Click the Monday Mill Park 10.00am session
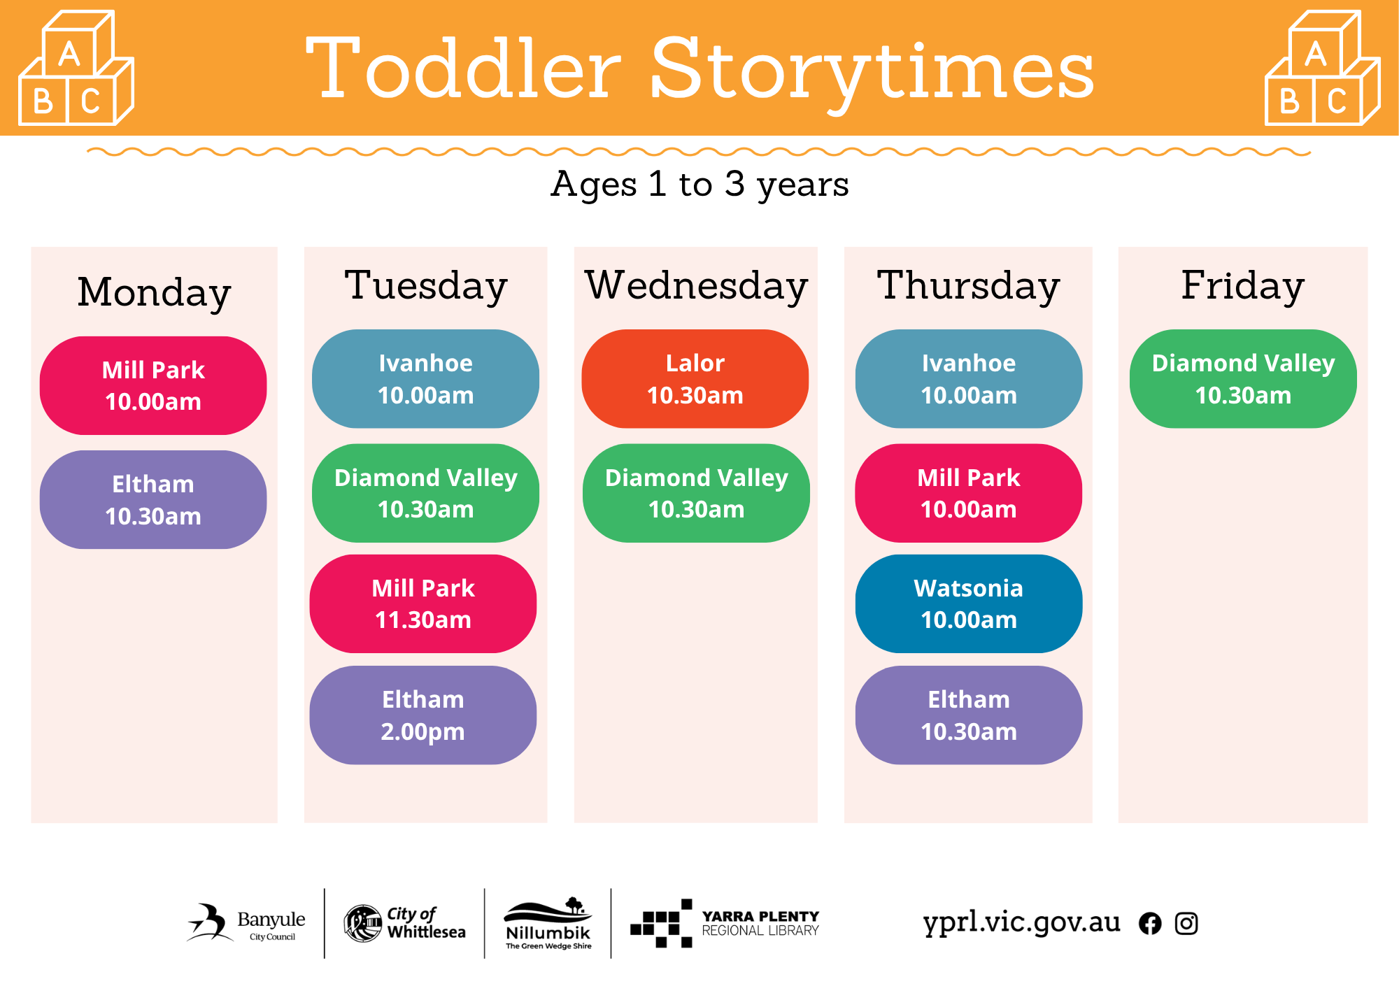(153, 385)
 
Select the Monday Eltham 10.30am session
(153, 499)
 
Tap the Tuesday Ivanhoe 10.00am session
(425, 378)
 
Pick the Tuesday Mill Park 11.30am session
(423, 603)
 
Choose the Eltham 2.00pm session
(423, 715)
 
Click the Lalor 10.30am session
(695, 378)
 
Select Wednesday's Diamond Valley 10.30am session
(696, 493)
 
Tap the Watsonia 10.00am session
(969, 603)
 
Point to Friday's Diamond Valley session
(1243, 378)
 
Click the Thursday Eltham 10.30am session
(969, 715)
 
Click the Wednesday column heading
(697, 286)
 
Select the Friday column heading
(1243, 286)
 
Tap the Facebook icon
(1150, 924)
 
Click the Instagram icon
(1186, 924)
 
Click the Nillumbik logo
(548, 923)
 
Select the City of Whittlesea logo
(405, 923)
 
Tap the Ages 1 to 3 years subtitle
(699, 185)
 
